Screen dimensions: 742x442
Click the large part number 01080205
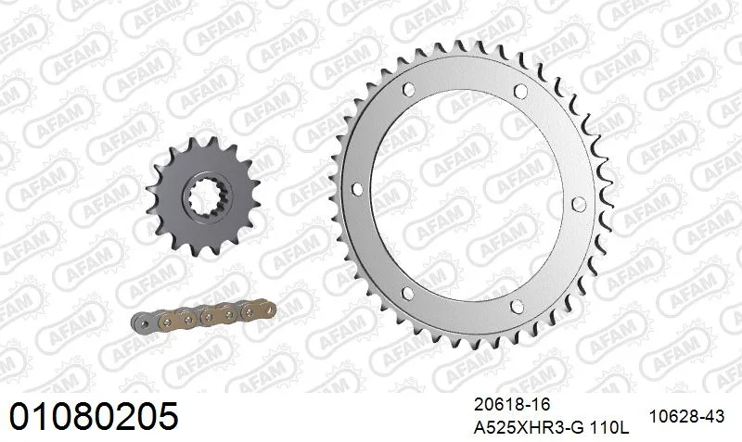point(94,416)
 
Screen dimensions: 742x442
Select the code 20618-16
point(513,405)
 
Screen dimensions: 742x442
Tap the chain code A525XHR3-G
point(529,428)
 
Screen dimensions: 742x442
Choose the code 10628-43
point(686,416)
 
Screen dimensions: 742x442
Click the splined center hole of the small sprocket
point(208,198)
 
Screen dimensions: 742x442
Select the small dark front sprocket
point(203,196)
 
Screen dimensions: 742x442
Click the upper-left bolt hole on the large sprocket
point(408,90)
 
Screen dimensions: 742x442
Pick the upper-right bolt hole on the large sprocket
point(520,91)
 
